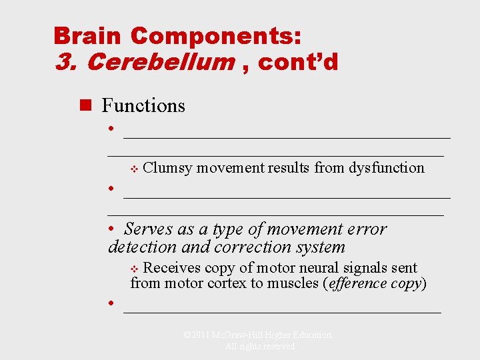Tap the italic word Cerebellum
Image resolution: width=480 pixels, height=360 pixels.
pyautogui.click(x=160, y=62)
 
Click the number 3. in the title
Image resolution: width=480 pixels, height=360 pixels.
pyautogui.click(x=67, y=62)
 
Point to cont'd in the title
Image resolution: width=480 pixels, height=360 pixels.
pyautogui.click(x=298, y=62)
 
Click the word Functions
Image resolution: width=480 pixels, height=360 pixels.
pyautogui.click(x=143, y=105)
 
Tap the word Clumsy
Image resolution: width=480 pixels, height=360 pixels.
pyautogui.click(x=167, y=167)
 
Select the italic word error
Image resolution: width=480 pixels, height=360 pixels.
pyautogui.click(x=367, y=229)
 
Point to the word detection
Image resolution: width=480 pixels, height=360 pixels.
pyautogui.click(x=142, y=247)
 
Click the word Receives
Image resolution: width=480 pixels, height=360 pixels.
pyautogui.click(x=172, y=268)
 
